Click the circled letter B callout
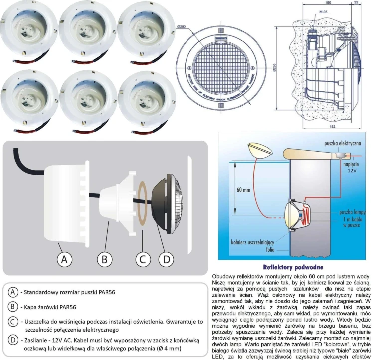click(x=104, y=259)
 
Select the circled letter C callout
click(x=143, y=259)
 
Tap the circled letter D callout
click(x=167, y=259)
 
